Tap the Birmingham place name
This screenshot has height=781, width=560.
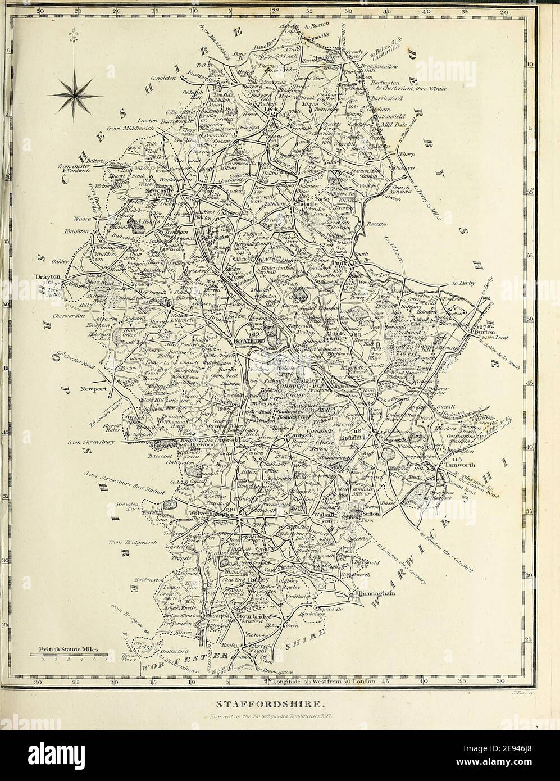[x=371, y=593]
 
